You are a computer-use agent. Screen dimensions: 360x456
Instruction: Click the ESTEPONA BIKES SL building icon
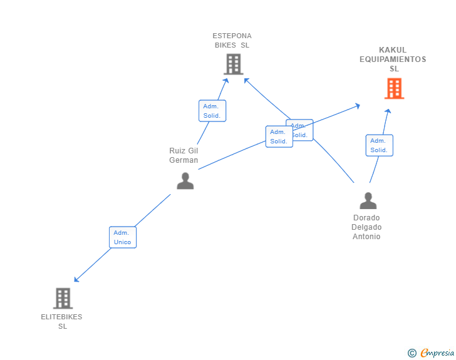tap(233, 64)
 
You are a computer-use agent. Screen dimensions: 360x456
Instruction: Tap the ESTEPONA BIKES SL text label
tap(232, 40)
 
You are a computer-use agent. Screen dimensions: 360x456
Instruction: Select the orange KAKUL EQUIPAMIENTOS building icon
tap(394, 89)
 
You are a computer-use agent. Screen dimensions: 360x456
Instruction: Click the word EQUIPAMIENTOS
tap(393, 59)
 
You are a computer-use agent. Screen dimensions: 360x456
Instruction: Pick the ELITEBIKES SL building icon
tap(63, 298)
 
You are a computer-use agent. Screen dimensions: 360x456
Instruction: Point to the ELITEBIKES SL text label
tap(62, 321)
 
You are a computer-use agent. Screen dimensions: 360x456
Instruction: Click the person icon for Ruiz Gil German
tap(185, 180)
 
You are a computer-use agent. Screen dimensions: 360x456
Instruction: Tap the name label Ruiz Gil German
tap(184, 155)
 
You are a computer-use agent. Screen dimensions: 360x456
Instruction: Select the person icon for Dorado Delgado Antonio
tap(368, 200)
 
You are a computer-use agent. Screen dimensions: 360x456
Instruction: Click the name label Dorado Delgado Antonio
tap(366, 227)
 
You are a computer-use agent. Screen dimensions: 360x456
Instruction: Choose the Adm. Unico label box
tap(122, 237)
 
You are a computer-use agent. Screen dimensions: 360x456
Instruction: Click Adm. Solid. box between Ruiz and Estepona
tap(212, 111)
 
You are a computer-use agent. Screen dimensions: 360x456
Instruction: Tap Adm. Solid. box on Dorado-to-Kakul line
tap(379, 145)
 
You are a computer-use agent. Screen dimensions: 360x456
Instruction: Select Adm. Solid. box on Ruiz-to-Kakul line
tap(279, 136)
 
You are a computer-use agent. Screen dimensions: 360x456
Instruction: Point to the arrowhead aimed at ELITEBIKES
tap(76, 280)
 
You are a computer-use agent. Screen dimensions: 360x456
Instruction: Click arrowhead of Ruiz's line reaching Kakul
tap(357, 105)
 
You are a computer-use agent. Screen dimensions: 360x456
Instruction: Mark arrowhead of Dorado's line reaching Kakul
tap(388, 111)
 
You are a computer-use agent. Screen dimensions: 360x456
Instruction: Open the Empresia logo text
tap(437, 353)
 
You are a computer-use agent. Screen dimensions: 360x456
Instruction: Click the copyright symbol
tap(412, 353)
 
